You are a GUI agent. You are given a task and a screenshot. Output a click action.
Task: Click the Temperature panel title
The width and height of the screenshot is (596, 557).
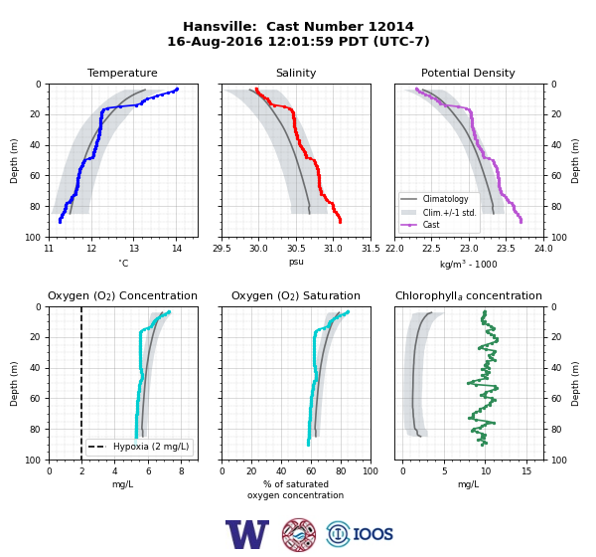(x=122, y=73)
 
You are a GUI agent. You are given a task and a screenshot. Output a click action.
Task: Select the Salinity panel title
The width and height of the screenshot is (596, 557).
(x=296, y=73)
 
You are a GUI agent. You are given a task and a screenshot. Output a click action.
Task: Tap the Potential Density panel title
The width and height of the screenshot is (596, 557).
(x=468, y=73)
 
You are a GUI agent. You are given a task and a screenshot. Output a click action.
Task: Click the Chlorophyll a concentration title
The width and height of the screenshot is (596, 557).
(x=469, y=295)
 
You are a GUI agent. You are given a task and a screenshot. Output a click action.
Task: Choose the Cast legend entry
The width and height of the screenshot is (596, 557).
(x=420, y=225)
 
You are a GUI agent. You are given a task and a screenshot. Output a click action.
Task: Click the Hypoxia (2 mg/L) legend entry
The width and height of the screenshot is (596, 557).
(x=139, y=447)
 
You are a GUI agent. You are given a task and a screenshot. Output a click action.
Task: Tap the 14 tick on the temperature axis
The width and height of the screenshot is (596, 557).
(x=177, y=249)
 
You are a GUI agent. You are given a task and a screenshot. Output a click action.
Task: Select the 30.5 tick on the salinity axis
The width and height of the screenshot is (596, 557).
(x=296, y=249)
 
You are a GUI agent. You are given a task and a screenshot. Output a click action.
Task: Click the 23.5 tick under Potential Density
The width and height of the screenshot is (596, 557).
(x=506, y=249)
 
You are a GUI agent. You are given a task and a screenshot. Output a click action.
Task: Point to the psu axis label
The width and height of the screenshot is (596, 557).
(x=296, y=262)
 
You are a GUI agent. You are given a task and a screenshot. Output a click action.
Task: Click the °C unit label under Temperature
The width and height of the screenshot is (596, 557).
(x=123, y=263)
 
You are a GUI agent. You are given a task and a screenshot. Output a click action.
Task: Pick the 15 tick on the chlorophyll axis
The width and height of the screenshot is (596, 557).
(x=526, y=471)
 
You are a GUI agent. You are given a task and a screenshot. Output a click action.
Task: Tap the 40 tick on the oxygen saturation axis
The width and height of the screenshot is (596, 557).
(x=281, y=471)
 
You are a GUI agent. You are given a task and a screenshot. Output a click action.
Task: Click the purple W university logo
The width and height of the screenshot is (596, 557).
(x=247, y=534)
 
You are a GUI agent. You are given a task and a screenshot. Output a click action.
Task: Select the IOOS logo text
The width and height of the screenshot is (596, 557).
(x=372, y=534)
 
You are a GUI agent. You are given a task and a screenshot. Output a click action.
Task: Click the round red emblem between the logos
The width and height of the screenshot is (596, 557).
(x=299, y=534)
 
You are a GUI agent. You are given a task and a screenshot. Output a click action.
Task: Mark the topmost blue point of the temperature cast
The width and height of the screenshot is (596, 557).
(x=177, y=90)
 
